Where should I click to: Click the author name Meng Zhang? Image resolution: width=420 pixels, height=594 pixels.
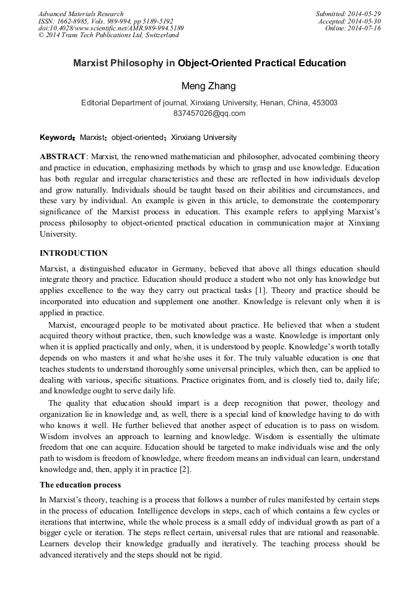(209, 85)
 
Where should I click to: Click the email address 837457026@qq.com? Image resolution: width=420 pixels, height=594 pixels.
(209, 113)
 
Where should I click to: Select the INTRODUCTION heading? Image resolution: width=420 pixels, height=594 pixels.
(74, 253)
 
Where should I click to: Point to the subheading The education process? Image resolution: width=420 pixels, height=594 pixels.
(80, 484)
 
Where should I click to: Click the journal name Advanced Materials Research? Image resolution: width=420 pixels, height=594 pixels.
(81, 14)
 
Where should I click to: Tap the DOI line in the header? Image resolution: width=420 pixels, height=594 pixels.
(111, 28)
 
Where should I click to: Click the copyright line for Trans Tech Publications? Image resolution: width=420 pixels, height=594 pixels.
(108, 35)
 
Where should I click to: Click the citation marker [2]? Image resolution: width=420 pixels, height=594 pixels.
(183, 470)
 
